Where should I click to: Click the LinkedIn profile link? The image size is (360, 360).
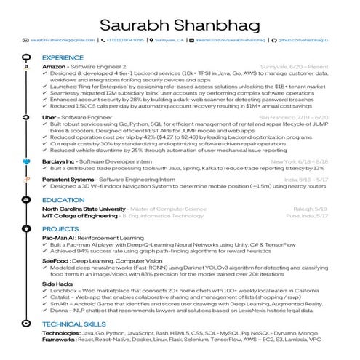point(233,40)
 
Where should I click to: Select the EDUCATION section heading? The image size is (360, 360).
point(63,199)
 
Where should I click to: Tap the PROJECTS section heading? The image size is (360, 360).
point(60,228)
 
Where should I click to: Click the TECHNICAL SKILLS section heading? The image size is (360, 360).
point(74,323)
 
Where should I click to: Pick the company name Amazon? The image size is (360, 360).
point(55,65)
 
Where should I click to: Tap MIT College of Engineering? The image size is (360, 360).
point(79,216)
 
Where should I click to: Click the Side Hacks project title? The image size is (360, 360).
point(57,284)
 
